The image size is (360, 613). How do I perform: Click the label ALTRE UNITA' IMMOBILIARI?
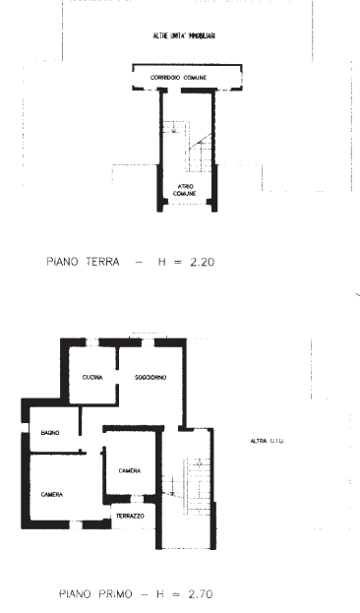[x=185, y=35]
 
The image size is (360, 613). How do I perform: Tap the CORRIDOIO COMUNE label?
[x=185, y=76]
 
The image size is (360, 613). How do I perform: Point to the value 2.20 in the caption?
[x=202, y=263]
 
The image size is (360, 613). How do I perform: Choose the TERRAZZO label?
[x=130, y=516]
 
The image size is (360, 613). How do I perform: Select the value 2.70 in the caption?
[x=200, y=594]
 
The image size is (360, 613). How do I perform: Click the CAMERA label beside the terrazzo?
[x=130, y=471]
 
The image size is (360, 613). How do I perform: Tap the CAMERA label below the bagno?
[x=52, y=493]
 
